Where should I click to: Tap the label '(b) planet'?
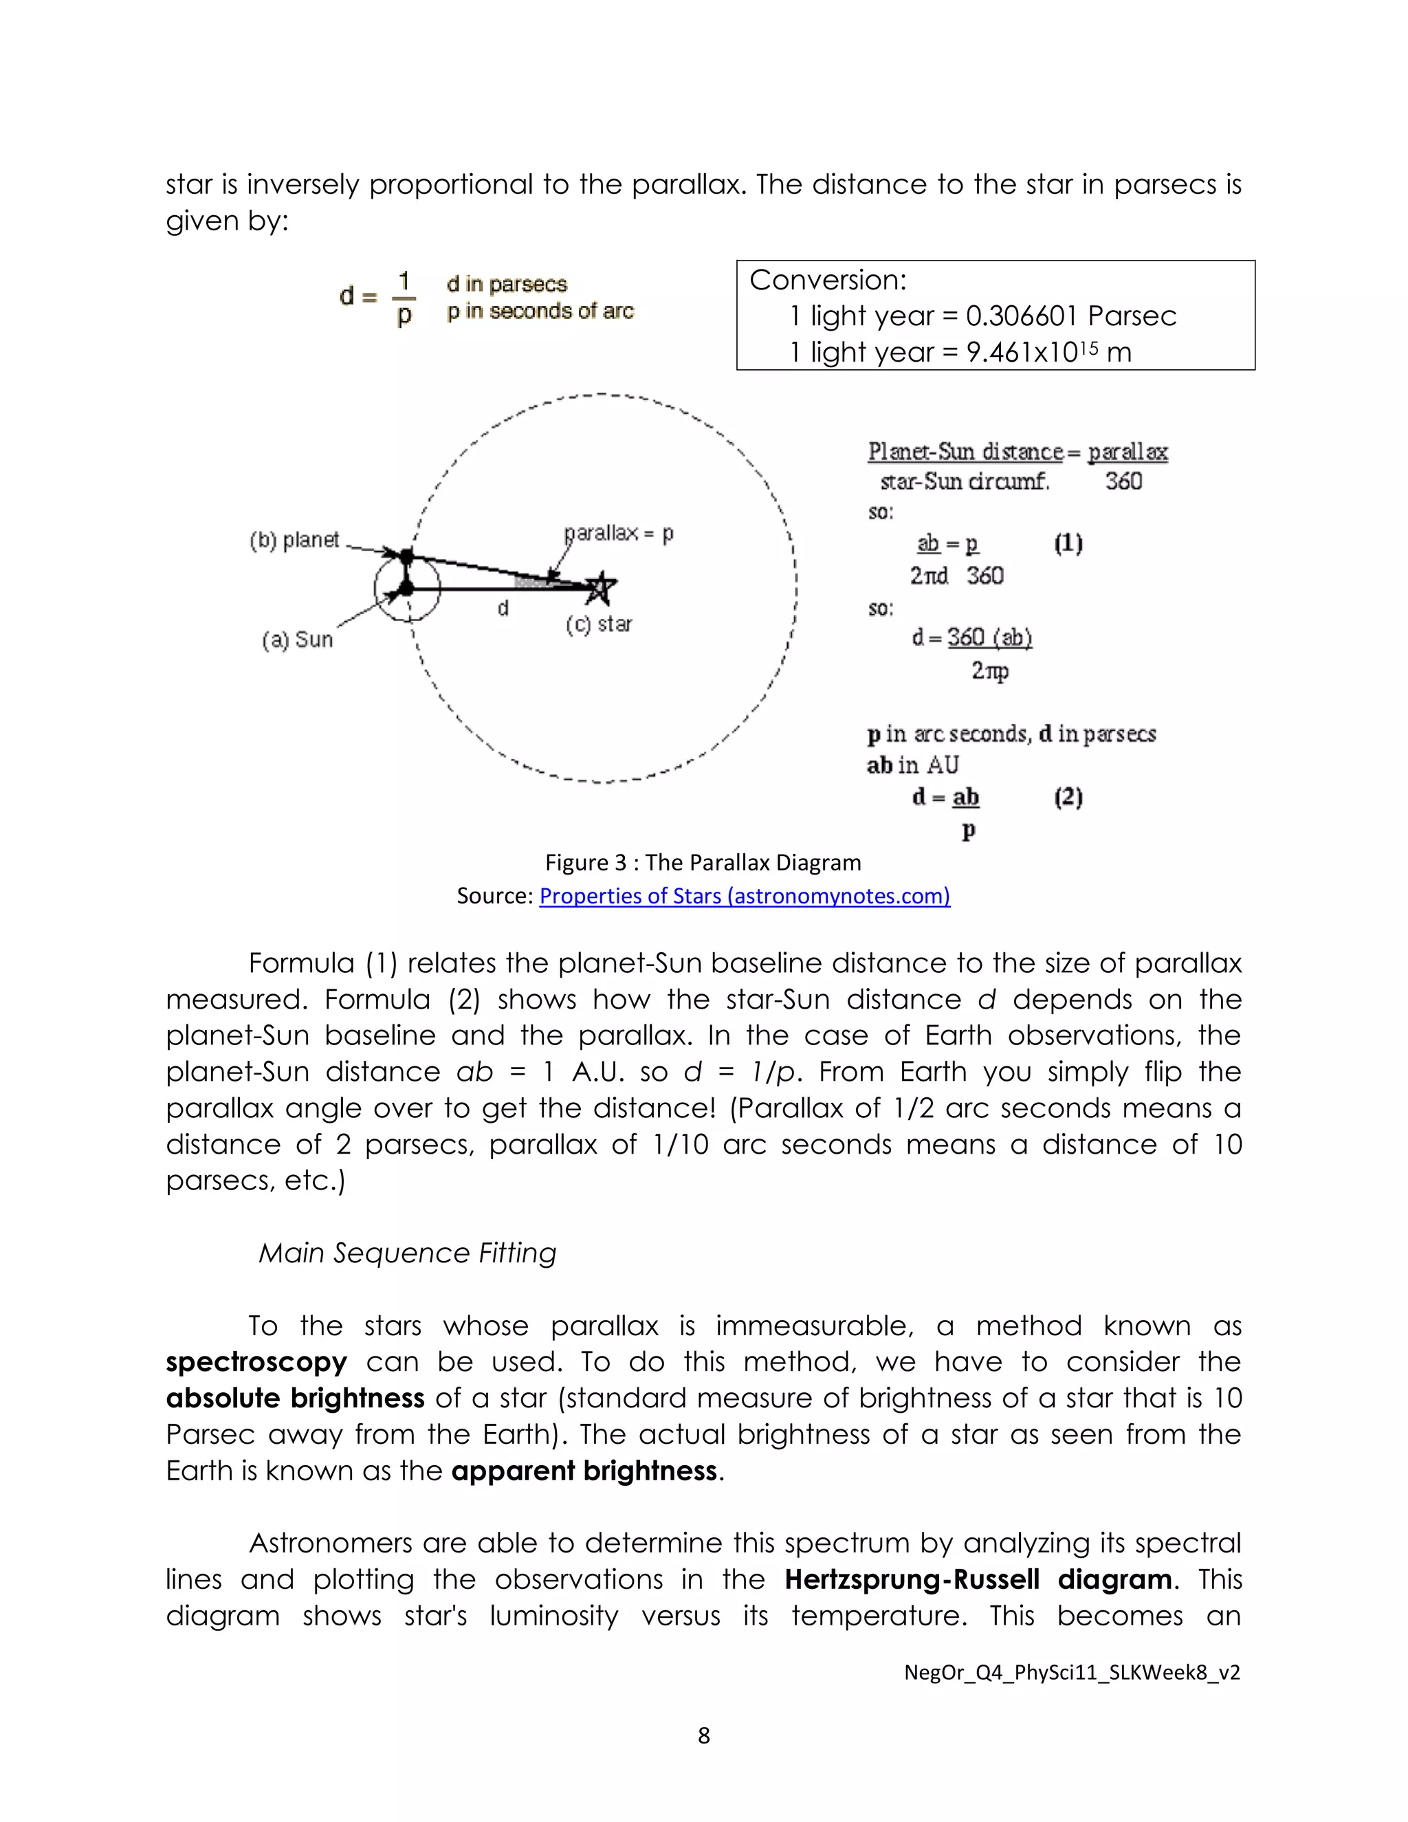click(x=294, y=540)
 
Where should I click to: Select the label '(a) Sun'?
click(x=297, y=640)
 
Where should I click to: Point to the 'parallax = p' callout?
click(x=618, y=533)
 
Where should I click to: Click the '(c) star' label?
click(x=598, y=624)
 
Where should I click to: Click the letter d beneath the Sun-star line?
click(x=503, y=609)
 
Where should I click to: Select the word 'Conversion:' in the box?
click(x=828, y=281)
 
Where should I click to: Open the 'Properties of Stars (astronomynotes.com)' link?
click(x=744, y=896)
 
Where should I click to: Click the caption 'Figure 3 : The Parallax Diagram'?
click(x=703, y=863)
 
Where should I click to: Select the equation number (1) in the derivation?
click(x=1068, y=544)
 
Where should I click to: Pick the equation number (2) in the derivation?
click(x=1068, y=798)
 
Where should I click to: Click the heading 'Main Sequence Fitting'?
click(x=407, y=1253)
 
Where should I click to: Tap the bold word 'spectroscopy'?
click(x=256, y=1362)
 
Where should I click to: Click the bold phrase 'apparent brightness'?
click(x=584, y=1471)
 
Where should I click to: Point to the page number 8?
click(x=703, y=1736)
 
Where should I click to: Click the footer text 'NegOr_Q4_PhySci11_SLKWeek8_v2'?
click(x=1072, y=1672)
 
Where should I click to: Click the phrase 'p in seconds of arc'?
click(x=540, y=312)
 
